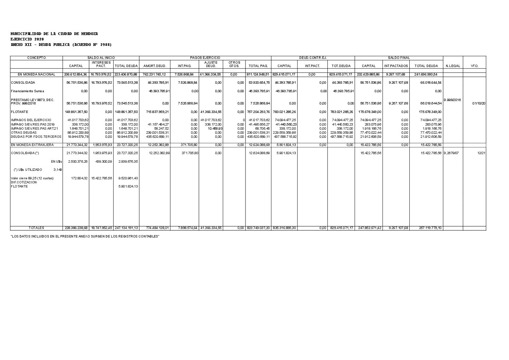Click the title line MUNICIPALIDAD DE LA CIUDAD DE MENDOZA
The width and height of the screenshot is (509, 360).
[54, 34]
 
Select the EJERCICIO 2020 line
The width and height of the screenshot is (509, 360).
[27, 39]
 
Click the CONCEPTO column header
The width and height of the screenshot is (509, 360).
[36, 58]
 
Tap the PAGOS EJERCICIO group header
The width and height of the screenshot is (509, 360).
[205, 58]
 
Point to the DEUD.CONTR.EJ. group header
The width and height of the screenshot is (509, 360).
[313, 58]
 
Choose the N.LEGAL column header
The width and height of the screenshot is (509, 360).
[453, 66]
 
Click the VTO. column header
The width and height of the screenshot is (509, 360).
[474, 66]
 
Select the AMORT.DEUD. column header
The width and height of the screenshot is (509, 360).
[154, 66]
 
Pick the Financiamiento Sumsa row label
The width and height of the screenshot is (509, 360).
[28, 91]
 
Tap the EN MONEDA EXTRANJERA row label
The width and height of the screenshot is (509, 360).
[32, 145]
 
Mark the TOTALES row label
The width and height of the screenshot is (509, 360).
[36, 228]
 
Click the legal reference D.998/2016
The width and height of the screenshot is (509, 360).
[452, 100]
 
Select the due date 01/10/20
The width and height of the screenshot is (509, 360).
[479, 103]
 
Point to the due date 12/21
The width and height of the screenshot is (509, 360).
[481, 153]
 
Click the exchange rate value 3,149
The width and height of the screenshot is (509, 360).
[57, 169]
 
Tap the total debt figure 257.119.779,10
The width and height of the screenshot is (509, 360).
[430, 228]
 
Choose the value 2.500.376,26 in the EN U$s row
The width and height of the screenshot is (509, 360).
[78, 161]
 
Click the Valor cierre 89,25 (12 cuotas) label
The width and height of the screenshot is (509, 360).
[32, 178]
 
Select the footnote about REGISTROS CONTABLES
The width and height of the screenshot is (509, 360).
[85, 236]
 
